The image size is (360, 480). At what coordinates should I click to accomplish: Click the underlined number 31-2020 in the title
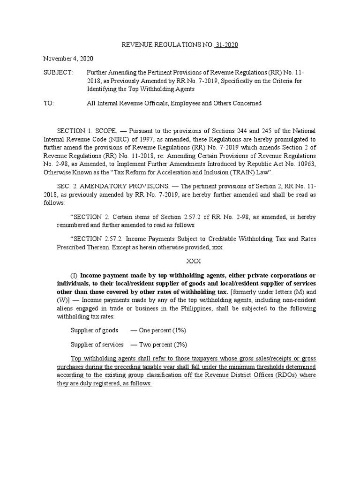(227, 45)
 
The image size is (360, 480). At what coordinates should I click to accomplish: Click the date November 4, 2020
(68, 59)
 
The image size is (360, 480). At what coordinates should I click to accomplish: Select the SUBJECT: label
(58, 73)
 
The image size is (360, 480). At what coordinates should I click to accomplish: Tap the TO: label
(49, 103)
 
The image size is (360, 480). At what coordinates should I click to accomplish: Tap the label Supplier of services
(97, 344)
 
